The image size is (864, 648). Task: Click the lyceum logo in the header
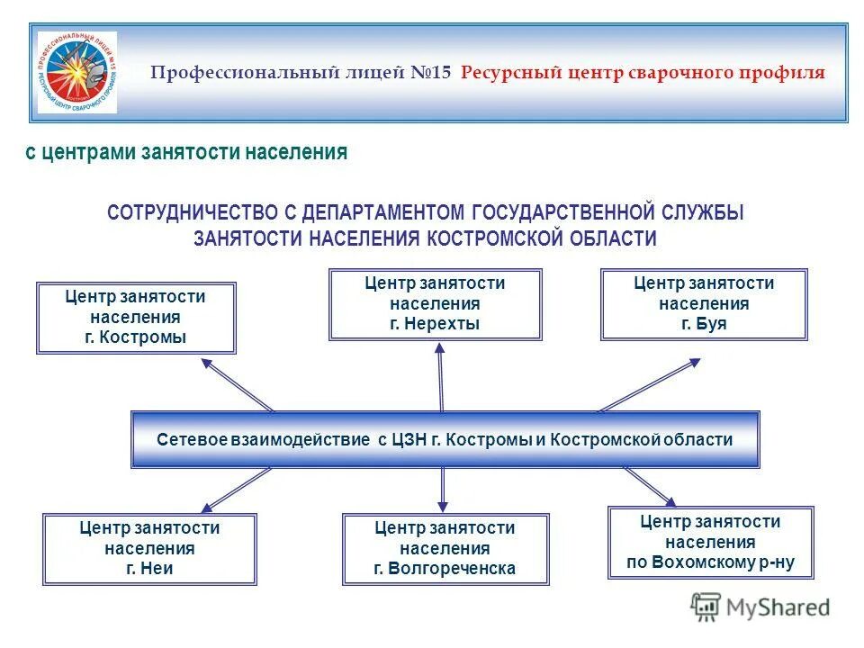(76, 73)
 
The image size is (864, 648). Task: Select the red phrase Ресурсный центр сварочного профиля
(643, 73)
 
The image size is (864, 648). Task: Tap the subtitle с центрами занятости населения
(185, 153)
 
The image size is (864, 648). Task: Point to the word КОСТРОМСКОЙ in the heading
(496, 238)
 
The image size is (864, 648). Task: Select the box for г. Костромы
(136, 318)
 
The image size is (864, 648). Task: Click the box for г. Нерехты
(436, 304)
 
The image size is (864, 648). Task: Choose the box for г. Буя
(704, 304)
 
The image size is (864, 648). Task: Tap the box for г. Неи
(149, 548)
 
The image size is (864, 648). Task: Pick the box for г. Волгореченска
(445, 548)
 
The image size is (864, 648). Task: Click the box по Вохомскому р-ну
(711, 543)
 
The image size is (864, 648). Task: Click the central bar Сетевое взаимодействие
(445, 440)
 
